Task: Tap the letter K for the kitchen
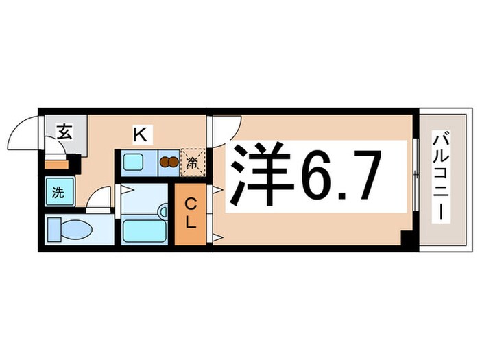139,135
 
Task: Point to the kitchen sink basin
134,163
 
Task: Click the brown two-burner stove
167,163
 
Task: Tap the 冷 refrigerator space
193,163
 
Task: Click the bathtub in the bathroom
145,230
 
